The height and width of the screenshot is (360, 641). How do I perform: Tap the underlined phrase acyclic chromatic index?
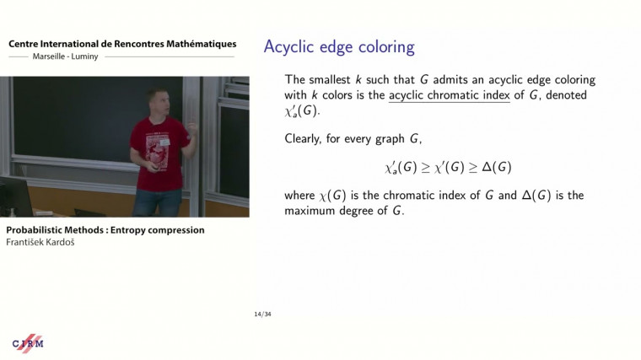[x=449, y=95]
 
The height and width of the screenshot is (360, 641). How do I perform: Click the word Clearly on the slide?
[x=309, y=137]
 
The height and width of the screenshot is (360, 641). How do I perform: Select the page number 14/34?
[x=262, y=314]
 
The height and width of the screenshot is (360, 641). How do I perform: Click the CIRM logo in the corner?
[x=27, y=342]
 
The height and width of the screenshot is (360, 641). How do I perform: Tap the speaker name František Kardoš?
[x=40, y=243]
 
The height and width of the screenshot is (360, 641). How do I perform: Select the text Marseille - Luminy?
[x=57, y=56]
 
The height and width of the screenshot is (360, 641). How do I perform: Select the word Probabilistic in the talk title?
[x=33, y=229]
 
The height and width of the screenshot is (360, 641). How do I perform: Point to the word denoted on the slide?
[x=564, y=95]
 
